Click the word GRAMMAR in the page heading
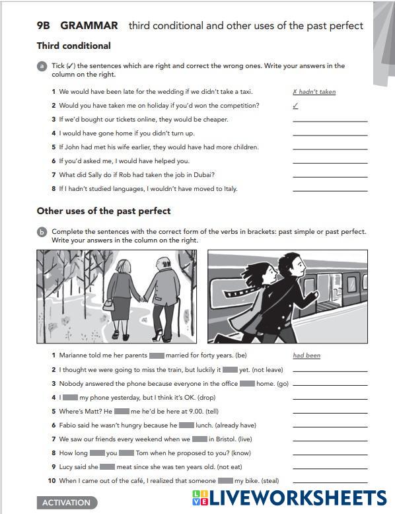[x=89, y=26]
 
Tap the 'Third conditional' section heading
[x=74, y=46]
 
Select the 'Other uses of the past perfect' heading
[x=104, y=211]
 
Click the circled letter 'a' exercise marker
[x=42, y=66]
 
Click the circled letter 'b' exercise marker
[x=42, y=232]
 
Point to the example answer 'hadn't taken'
[x=314, y=92]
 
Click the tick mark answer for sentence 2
[x=295, y=106]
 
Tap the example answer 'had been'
[x=306, y=355]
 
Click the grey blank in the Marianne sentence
[x=157, y=355]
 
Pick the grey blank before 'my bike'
[x=225, y=480]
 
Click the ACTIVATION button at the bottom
[x=67, y=503]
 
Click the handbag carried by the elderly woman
[x=108, y=304]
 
